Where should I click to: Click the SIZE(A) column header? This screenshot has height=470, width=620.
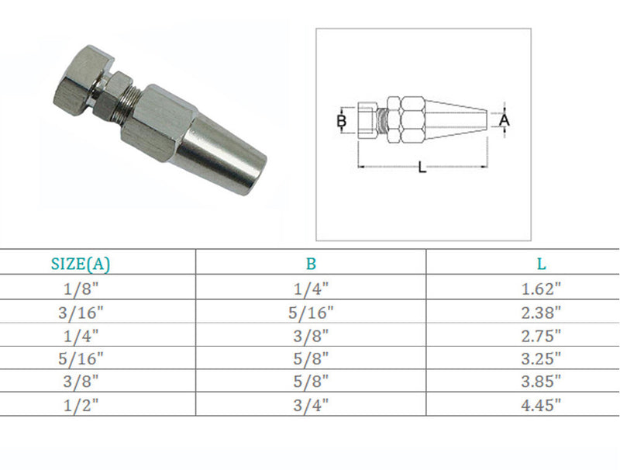coord(81,264)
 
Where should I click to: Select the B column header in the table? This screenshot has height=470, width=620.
coord(312,264)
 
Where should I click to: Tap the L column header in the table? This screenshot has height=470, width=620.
coord(541,264)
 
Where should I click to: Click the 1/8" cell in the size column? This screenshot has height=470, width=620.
coord(81,289)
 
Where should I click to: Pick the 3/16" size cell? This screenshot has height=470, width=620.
coord(81,313)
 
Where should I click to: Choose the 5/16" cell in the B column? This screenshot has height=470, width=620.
coord(311,313)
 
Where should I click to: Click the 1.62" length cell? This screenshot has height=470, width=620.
coord(541,289)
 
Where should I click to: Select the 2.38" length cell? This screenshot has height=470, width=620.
coord(541,313)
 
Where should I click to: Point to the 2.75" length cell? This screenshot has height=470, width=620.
coord(541,336)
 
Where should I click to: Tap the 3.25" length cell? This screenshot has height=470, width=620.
coord(541,359)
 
